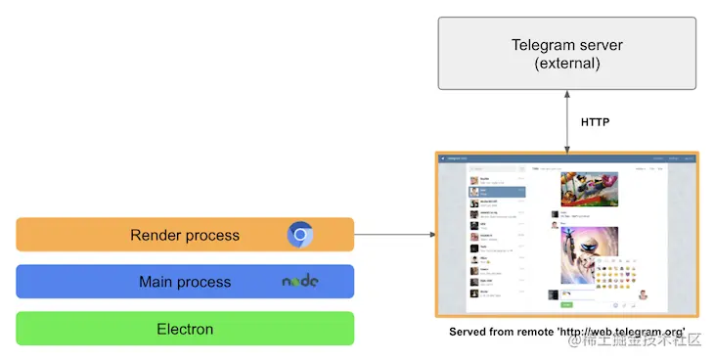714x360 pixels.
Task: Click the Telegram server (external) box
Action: point(566,54)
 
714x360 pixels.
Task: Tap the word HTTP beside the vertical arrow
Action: point(596,122)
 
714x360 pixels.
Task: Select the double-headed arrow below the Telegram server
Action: point(566,122)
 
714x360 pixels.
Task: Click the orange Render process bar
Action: point(184,235)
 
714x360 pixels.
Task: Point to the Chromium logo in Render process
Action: point(300,235)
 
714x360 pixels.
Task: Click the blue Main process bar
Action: point(184,282)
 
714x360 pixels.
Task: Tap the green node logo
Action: point(300,282)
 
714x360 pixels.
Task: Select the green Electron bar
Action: point(184,329)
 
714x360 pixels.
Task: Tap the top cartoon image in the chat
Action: point(588,188)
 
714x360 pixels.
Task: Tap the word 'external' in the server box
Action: point(566,65)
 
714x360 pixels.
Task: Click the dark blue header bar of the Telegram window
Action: point(566,157)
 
